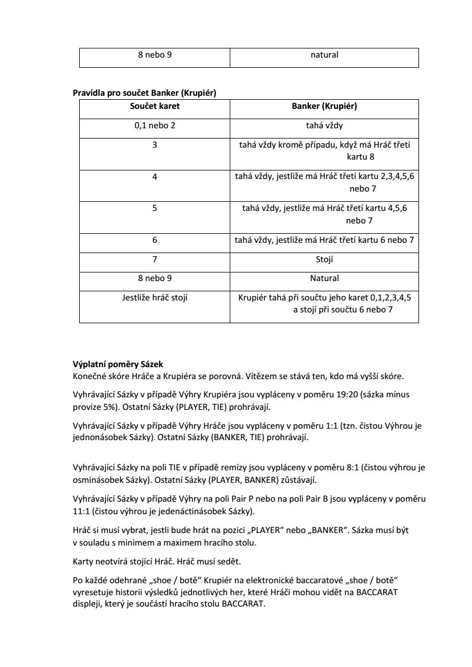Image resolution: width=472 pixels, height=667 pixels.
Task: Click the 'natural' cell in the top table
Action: tap(324, 55)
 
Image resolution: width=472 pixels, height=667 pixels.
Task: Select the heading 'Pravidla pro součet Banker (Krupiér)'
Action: tap(144, 93)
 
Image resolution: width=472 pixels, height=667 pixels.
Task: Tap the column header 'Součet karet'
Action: tap(154, 106)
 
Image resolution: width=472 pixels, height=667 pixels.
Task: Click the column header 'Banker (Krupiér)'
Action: tap(324, 106)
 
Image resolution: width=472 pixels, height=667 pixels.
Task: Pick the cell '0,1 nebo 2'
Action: tap(154, 125)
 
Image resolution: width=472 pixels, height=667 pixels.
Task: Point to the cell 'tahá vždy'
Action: tap(324, 125)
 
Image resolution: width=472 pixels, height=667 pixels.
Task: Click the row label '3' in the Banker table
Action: tap(154, 145)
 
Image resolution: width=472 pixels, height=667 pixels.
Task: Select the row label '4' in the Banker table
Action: tap(154, 177)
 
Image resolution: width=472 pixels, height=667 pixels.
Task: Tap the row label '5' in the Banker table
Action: tap(154, 209)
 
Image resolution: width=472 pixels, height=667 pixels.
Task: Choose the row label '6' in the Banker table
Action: tap(154, 240)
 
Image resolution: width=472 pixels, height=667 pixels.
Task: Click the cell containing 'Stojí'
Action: tap(324, 259)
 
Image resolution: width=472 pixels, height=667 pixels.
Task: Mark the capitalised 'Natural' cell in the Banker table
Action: tap(324, 278)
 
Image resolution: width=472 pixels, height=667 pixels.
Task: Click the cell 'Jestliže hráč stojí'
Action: tap(154, 298)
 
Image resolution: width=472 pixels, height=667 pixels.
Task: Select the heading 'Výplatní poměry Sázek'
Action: tap(118, 364)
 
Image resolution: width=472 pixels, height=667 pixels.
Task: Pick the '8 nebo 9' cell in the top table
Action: tap(154, 55)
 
